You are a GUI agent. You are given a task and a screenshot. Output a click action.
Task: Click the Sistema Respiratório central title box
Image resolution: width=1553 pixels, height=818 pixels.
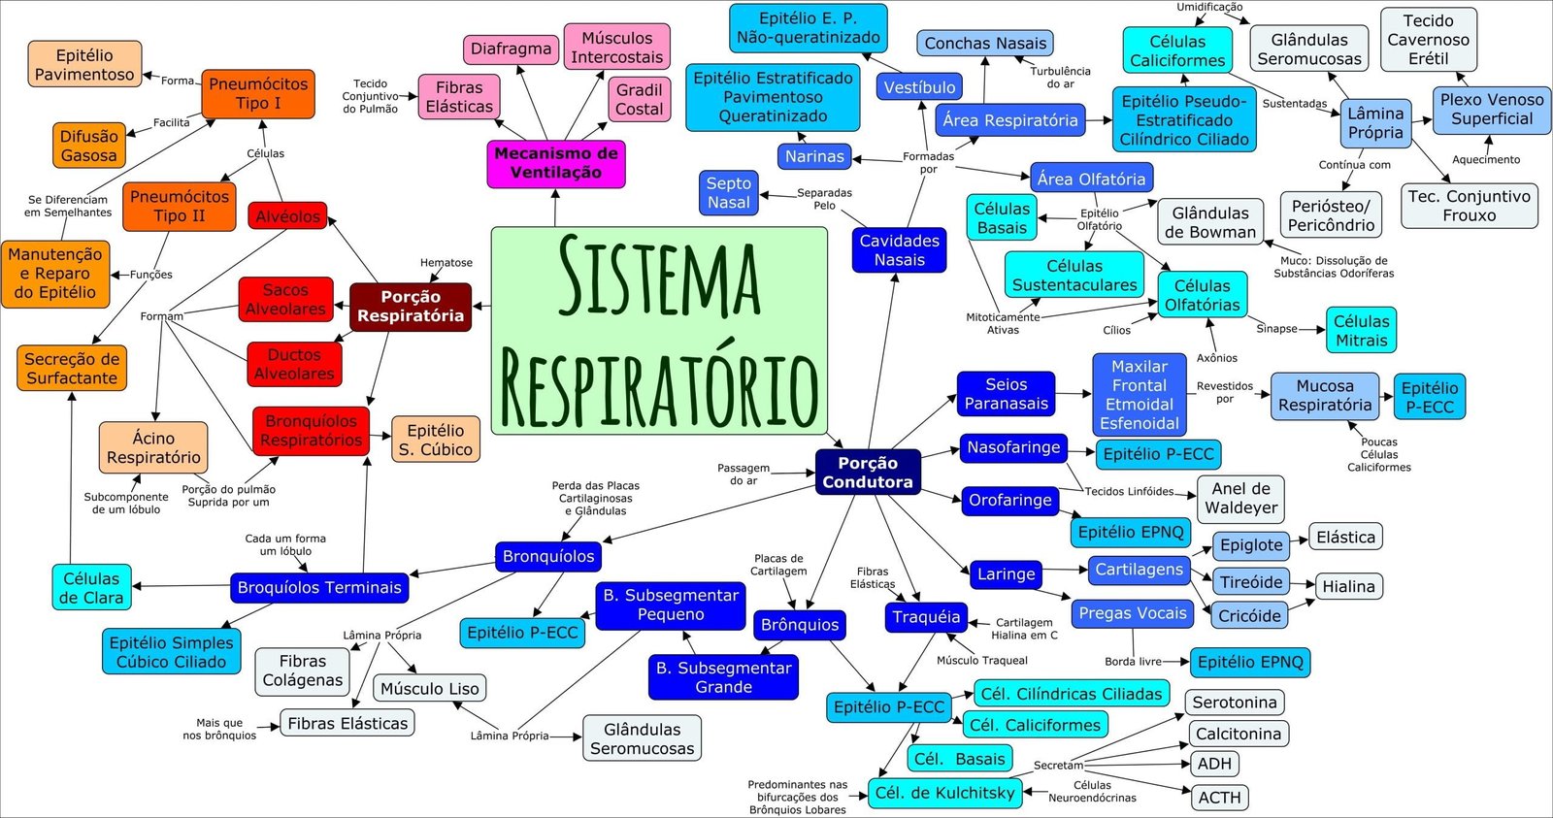click(x=659, y=330)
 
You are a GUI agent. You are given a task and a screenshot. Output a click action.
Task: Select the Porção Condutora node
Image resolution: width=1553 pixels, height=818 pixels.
click(x=868, y=473)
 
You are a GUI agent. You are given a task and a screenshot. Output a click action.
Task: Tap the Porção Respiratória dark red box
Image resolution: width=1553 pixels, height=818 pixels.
click(x=410, y=307)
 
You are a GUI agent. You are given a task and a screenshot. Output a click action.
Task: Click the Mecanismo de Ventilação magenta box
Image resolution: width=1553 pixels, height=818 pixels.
click(x=556, y=163)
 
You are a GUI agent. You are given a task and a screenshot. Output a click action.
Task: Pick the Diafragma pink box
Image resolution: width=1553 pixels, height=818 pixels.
click(x=511, y=49)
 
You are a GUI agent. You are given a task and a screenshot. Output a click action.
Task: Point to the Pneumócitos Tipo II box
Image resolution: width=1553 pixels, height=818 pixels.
click(x=180, y=207)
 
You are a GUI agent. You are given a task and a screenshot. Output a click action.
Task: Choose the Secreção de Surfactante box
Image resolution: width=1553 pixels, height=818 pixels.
click(x=72, y=369)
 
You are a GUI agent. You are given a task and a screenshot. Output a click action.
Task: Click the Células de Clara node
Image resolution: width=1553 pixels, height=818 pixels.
click(x=91, y=588)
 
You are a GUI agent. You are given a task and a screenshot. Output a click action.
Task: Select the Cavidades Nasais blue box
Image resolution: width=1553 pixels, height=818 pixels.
click(x=899, y=250)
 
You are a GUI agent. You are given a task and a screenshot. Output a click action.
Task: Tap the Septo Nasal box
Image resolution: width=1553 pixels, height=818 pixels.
click(x=729, y=193)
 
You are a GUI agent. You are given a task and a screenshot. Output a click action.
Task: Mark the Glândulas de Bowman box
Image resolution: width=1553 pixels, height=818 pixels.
click(x=1210, y=222)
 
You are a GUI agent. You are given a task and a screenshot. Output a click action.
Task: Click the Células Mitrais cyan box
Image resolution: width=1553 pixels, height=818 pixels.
click(x=1361, y=331)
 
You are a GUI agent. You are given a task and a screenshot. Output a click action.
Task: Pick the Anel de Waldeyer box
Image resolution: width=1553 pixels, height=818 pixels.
click(x=1240, y=498)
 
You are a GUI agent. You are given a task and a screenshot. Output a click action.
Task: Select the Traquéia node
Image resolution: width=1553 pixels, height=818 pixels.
click(x=926, y=617)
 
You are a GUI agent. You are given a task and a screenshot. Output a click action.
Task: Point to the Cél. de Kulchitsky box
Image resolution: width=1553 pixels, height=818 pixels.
click(x=944, y=793)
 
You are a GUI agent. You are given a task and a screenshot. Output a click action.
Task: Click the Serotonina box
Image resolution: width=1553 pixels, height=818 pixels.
click(x=1235, y=702)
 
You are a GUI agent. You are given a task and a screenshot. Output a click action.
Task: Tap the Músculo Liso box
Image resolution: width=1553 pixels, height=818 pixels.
click(x=429, y=688)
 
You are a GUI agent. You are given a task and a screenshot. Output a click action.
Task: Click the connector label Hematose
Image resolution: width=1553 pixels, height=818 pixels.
click(x=446, y=263)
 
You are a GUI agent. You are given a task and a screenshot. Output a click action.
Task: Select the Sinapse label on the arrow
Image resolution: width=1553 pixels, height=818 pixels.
click(x=1276, y=329)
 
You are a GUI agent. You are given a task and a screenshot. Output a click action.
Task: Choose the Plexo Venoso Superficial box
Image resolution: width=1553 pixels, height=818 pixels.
click(x=1492, y=109)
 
